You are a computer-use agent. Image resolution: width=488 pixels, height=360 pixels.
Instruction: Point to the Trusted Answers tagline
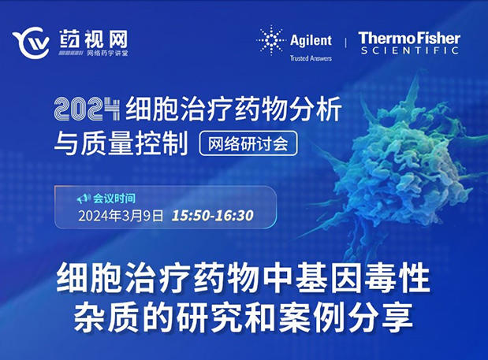311,57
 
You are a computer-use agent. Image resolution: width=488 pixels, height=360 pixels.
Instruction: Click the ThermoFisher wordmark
408,37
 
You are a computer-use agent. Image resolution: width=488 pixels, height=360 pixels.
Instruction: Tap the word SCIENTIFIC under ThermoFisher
408,50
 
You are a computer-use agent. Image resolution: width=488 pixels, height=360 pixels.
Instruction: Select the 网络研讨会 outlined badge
248,143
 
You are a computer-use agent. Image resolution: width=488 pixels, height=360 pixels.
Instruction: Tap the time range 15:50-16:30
212,215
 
